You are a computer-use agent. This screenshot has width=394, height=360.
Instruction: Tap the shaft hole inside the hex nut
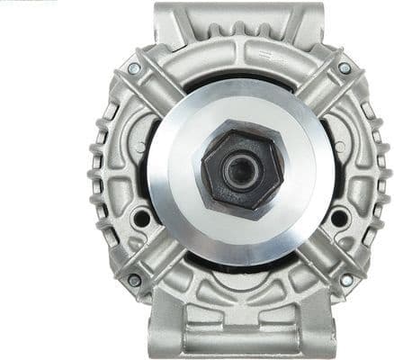coord(238,172)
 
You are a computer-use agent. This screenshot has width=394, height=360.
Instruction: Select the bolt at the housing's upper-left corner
coord(134,68)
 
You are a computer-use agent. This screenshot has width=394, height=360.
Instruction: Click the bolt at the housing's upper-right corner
coord(345,67)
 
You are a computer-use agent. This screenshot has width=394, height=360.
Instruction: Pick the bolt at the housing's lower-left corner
coord(134,280)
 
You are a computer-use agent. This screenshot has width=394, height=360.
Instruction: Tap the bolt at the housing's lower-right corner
coord(346,280)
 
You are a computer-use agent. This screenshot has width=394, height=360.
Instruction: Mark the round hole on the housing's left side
coord(141,218)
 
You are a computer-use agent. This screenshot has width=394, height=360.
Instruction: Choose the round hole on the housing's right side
coord(338,218)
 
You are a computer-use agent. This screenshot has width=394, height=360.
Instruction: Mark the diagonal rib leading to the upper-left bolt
coord(157,90)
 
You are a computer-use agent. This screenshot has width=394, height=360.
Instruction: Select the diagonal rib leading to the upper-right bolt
coord(321,90)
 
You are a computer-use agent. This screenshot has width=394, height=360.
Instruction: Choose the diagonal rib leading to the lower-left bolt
coord(157,258)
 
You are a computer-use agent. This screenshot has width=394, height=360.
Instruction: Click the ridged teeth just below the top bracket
coord(239,40)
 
